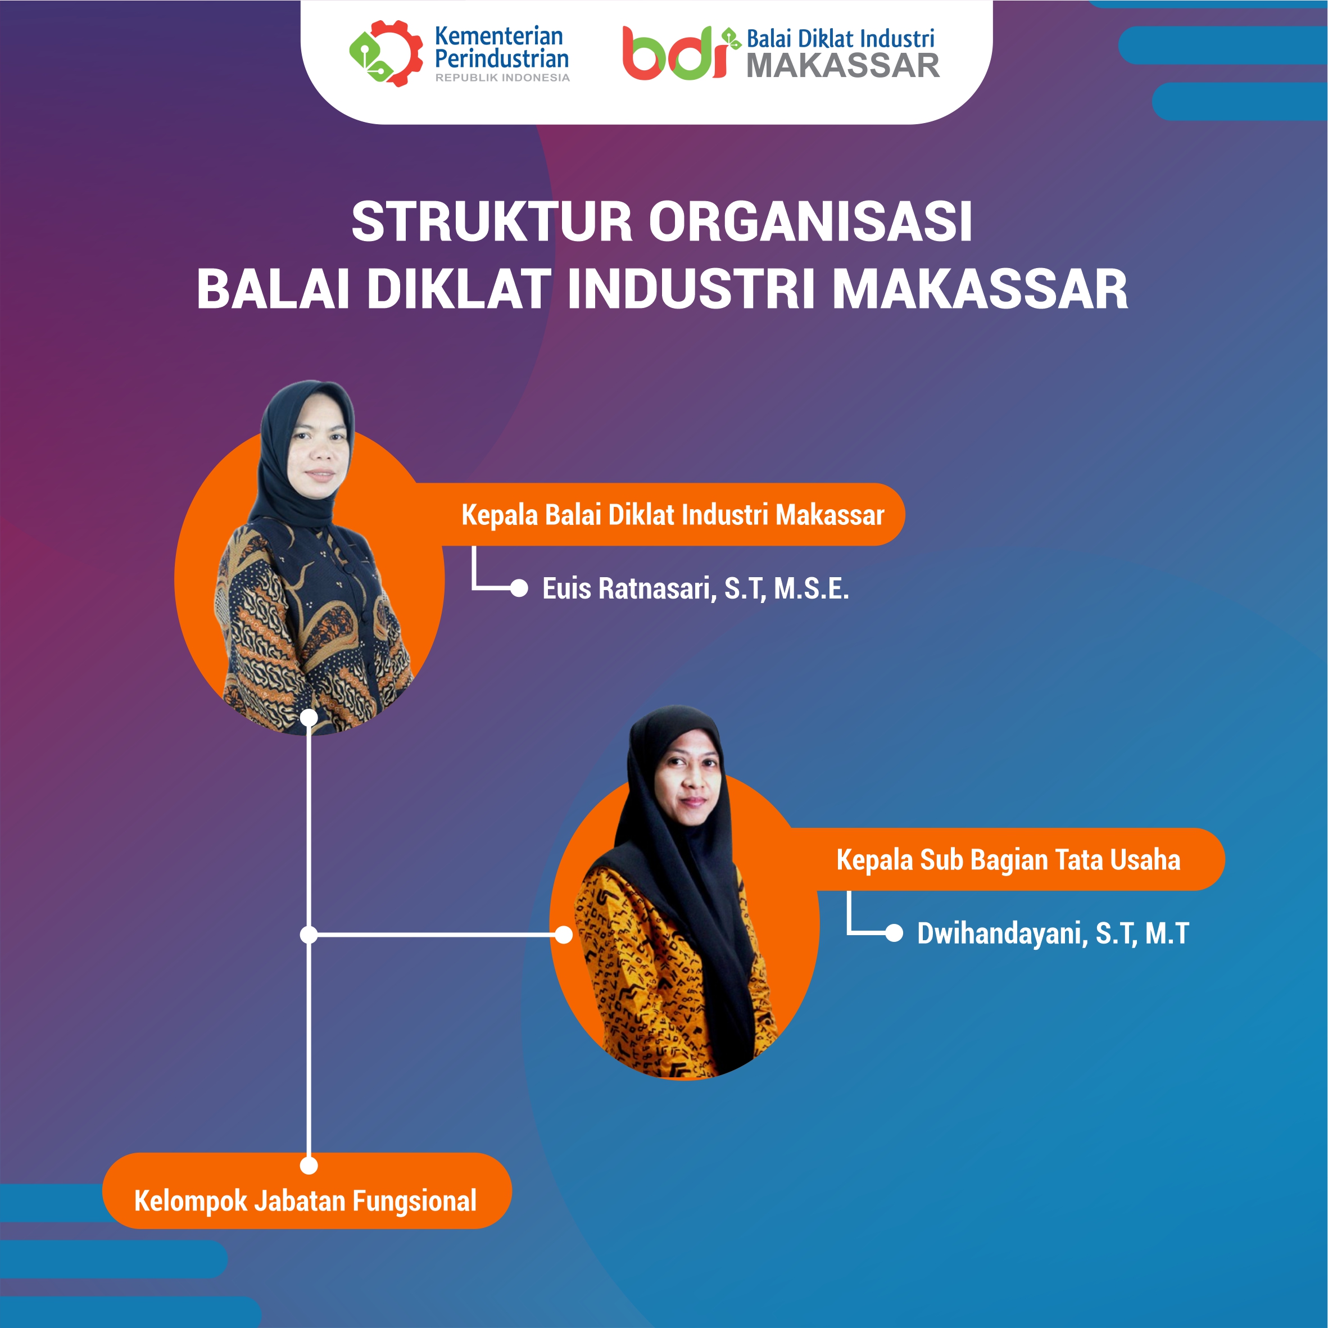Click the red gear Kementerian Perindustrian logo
[x=386, y=53]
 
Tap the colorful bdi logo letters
[x=674, y=53]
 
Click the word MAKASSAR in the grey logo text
[x=843, y=66]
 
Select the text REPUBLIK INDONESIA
[x=502, y=78]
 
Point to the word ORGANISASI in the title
[x=811, y=222]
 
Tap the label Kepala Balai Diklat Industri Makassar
[x=672, y=515]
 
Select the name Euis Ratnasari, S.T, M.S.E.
[x=696, y=588]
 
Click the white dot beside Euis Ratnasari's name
[x=519, y=588]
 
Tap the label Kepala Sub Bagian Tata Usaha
[x=1008, y=860]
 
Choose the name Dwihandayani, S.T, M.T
[x=1053, y=933]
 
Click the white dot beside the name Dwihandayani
[x=894, y=933]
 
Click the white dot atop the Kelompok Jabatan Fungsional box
[x=309, y=1165]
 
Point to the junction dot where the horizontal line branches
[x=309, y=935]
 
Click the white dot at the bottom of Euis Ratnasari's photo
[x=309, y=718]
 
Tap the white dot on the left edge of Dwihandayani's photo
[x=564, y=935]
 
